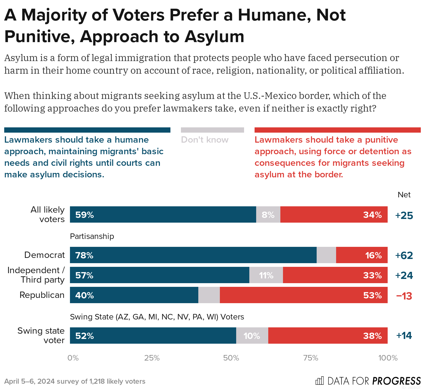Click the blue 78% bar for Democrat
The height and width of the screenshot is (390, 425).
tap(193, 255)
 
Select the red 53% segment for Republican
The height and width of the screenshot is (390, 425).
tap(303, 295)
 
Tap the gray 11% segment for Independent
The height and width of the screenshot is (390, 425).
tap(266, 275)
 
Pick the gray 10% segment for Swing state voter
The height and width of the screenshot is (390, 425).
tap(252, 336)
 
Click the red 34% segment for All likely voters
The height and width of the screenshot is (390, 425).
tap(334, 214)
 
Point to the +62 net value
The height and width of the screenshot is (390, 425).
tap(404, 255)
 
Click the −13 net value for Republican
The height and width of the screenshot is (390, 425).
tap(404, 296)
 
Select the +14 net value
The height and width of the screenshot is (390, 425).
tap(404, 336)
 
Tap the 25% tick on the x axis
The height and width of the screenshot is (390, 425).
tap(152, 358)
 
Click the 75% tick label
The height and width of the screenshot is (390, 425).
tap(311, 358)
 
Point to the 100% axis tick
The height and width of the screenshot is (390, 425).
tap(388, 358)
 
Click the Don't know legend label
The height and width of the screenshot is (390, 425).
tap(205, 140)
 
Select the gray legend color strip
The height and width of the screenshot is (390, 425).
tap(212, 130)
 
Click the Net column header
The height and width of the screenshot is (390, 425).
tap(404, 195)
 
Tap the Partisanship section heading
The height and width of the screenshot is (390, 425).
tap(92, 236)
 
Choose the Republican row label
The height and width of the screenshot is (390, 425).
tap(42, 295)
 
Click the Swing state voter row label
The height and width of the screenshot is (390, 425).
tap(41, 336)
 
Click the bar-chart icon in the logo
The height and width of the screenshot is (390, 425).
tap(320, 381)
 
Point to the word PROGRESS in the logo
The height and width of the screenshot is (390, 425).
tap(396, 381)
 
